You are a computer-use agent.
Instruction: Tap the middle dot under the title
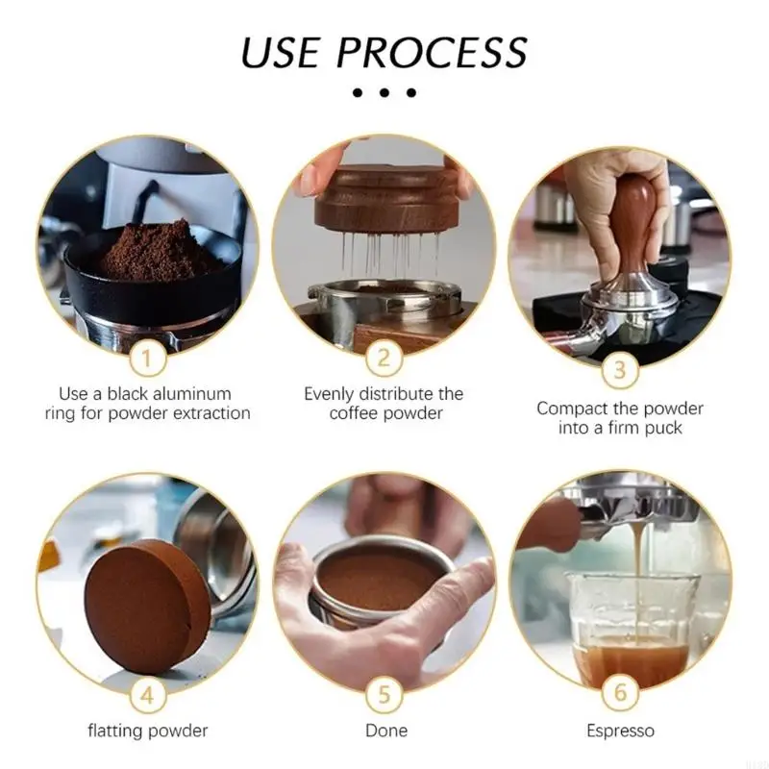click(384, 93)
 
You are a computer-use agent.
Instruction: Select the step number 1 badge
click(147, 361)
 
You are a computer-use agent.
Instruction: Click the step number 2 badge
click(384, 360)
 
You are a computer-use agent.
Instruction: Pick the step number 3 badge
click(620, 369)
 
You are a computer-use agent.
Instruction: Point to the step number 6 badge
click(620, 691)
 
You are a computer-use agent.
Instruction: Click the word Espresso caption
click(620, 732)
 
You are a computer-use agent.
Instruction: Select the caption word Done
click(385, 731)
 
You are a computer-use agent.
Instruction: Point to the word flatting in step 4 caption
click(116, 732)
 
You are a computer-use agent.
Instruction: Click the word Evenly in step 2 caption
click(331, 394)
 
